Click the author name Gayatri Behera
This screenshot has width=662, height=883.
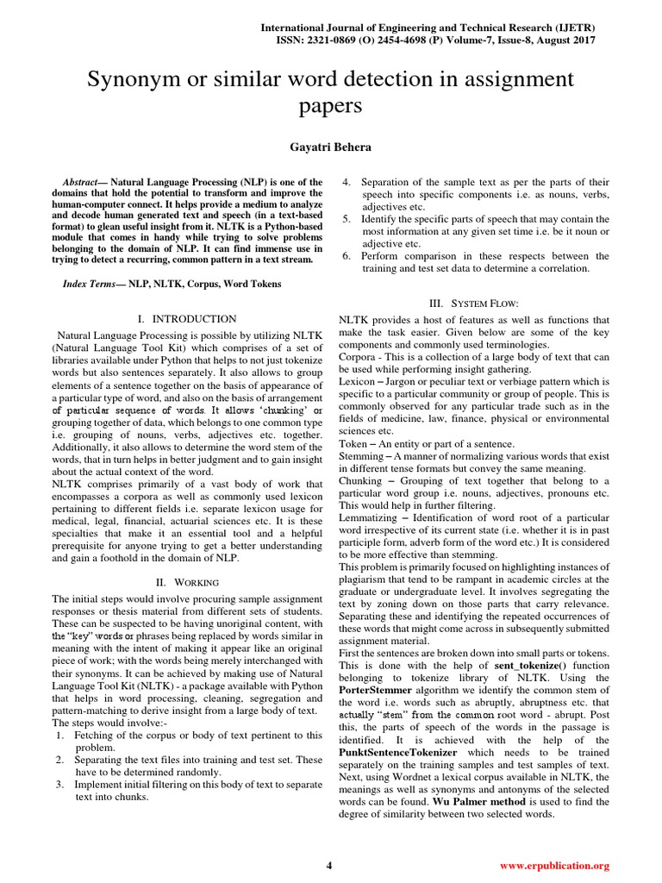(x=330, y=147)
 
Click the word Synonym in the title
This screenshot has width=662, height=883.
(x=128, y=81)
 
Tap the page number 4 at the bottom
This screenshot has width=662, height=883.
(x=328, y=865)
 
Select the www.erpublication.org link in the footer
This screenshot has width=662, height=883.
(x=555, y=865)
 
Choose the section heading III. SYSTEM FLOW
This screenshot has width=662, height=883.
(x=474, y=303)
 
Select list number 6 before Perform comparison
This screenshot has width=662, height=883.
(x=346, y=255)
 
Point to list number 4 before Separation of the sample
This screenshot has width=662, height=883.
(x=346, y=182)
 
